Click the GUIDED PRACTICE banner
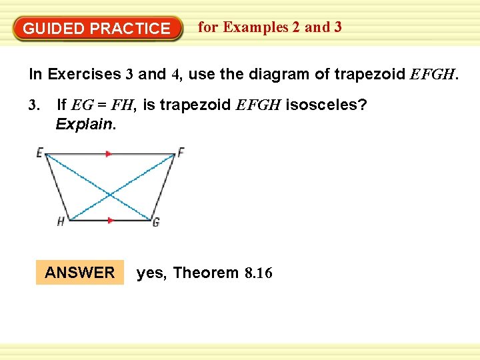(x=97, y=29)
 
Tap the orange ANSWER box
(x=80, y=272)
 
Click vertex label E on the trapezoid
(x=39, y=153)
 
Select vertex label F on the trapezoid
(x=181, y=152)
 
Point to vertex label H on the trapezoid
(x=61, y=222)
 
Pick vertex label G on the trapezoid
(x=156, y=222)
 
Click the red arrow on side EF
(x=109, y=153)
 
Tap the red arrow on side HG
(x=111, y=220)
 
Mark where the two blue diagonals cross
(x=110, y=195)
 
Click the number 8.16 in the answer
(x=259, y=273)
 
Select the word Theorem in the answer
(x=205, y=273)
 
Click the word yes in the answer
(x=151, y=273)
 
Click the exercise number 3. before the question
(x=35, y=105)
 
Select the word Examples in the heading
(x=255, y=27)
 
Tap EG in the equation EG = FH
(x=82, y=105)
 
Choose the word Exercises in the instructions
(x=85, y=74)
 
